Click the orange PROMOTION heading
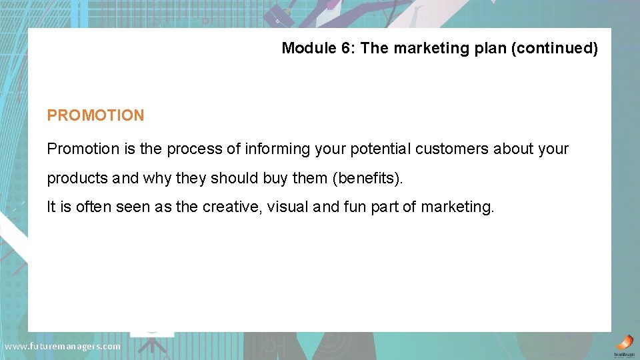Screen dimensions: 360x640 click(x=95, y=115)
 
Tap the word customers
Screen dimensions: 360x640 click(x=451, y=149)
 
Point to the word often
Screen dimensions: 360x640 click(x=93, y=207)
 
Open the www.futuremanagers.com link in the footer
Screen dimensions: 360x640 click(x=62, y=346)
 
